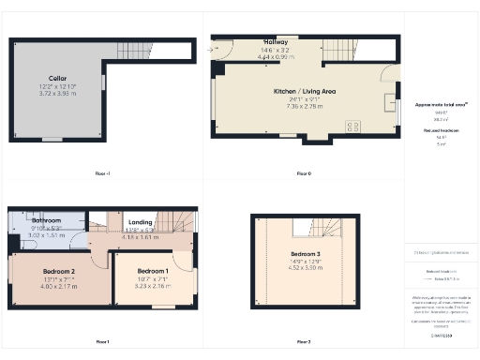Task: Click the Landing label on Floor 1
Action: pos(142,221)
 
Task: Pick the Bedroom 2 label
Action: pos(59,271)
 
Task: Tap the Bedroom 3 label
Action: pos(304,255)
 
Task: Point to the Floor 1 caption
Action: pos(102,341)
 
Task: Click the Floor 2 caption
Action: pos(303,341)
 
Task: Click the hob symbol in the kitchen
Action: pos(354,125)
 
